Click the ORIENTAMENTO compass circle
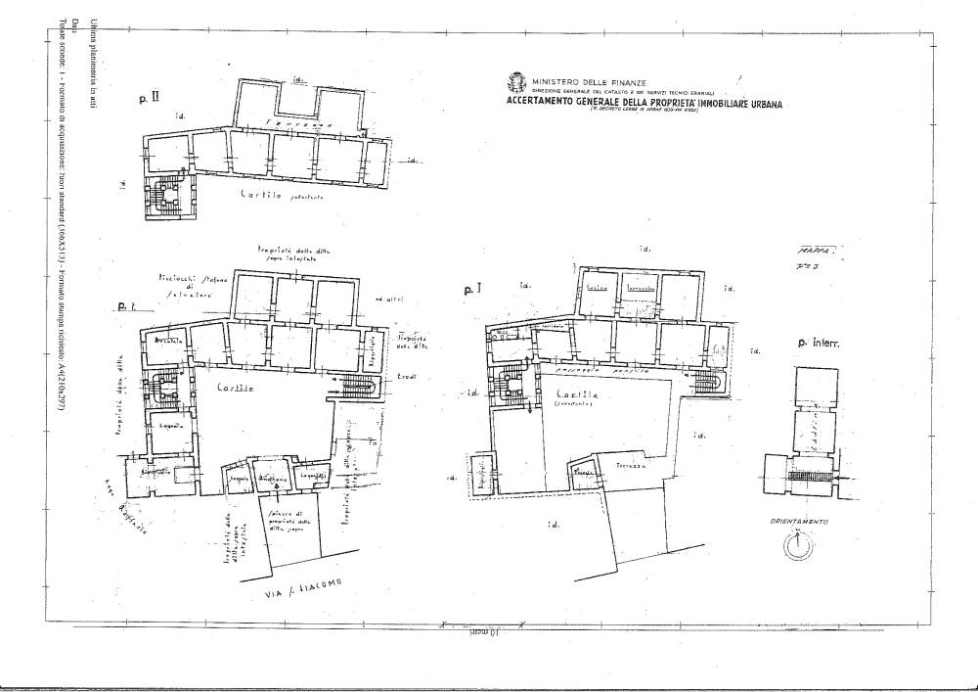pos(798,546)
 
